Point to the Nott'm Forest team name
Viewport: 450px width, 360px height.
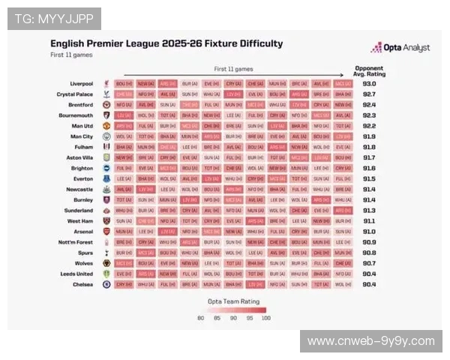coord(75,242)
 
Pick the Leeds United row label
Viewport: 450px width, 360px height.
coord(76,274)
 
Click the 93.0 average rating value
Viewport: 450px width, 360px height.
coord(369,83)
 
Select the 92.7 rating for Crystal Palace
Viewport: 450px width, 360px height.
coord(369,94)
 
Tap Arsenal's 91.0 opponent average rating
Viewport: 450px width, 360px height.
coord(369,232)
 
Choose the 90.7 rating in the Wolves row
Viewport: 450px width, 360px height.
coord(369,263)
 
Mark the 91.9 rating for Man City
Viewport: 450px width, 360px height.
coord(369,136)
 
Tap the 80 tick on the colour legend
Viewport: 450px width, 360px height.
coord(200,318)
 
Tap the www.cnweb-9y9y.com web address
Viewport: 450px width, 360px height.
coord(371,341)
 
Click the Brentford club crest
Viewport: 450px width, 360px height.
coord(106,105)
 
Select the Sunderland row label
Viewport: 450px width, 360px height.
coord(77,211)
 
